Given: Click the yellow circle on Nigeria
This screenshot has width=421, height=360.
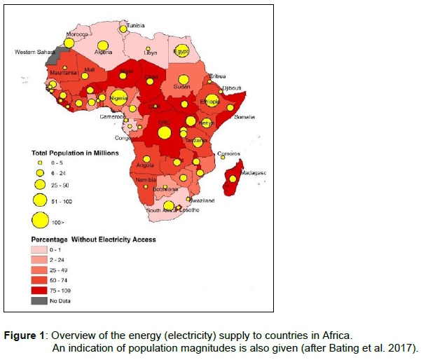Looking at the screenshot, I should pyautogui.click(x=118, y=97).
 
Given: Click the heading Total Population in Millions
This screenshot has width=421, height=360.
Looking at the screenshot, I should pyautogui.click(x=75, y=152).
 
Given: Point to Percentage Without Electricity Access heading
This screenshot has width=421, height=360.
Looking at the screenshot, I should pyautogui.click(x=92, y=239).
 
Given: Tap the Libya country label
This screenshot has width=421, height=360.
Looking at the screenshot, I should pyautogui.click(x=151, y=53).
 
